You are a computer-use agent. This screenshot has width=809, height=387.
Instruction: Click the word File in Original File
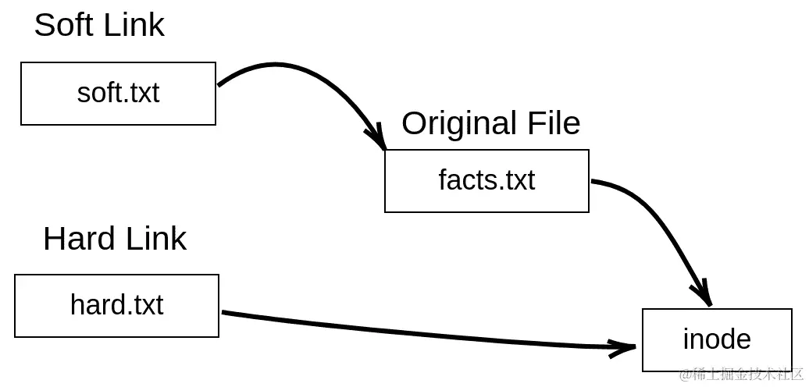click(x=552, y=123)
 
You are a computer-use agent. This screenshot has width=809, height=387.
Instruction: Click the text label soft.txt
click(x=118, y=94)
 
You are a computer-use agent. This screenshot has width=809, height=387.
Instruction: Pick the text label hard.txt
click(x=116, y=305)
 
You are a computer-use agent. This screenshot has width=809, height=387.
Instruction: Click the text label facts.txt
click(x=486, y=180)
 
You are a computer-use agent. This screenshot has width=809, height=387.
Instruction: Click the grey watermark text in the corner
click(x=741, y=375)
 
